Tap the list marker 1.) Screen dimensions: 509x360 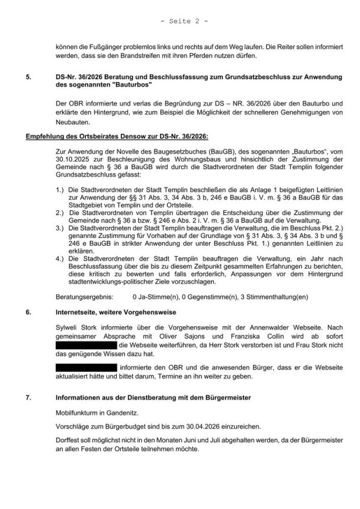coord(60,189)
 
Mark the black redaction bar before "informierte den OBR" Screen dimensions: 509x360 coord(85,368)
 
